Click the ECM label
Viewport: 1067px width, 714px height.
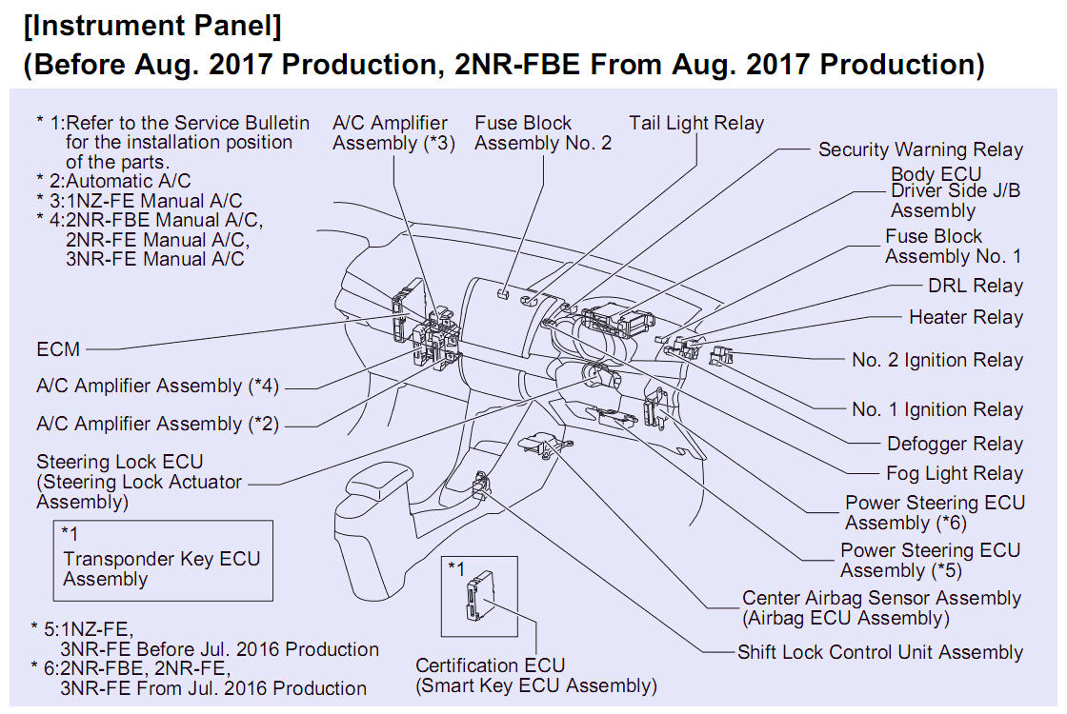(x=58, y=349)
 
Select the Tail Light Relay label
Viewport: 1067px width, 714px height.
(x=695, y=123)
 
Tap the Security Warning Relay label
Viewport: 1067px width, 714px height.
(x=920, y=150)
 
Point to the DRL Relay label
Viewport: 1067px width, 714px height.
(x=975, y=287)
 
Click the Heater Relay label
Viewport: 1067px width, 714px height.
(x=965, y=318)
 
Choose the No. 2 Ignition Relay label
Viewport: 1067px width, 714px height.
(x=936, y=361)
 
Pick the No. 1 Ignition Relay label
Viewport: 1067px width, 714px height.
(x=936, y=410)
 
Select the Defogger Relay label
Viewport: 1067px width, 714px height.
(x=955, y=445)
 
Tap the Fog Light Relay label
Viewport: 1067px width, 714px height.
(x=954, y=474)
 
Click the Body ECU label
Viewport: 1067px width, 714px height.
(x=936, y=174)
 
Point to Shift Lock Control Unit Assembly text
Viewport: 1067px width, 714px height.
(x=879, y=653)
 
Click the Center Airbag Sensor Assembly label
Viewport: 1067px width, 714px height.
(x=881, y=599)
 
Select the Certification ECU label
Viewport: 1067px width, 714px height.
(x=490, y=665)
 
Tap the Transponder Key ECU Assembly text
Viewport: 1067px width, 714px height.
(x=161, y=568)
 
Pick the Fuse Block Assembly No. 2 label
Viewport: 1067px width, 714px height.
(x=542, y=133)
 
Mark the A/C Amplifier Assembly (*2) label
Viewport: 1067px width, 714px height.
(x=157, y=425)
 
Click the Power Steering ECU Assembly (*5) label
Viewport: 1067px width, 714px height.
(x=929, y=561)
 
